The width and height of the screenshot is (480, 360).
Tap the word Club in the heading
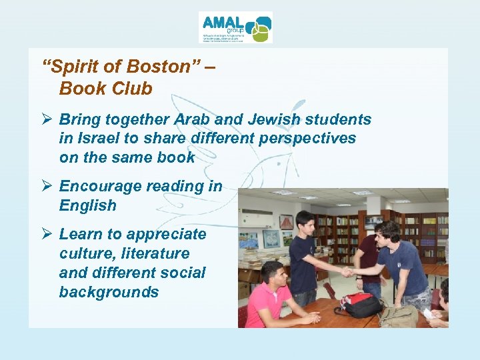click(x=132, y=89)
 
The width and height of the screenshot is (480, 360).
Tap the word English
click(x=87, y=205)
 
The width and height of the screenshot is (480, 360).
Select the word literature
click(x=155, y=254)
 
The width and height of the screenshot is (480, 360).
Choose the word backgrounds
click(x=109, y=292)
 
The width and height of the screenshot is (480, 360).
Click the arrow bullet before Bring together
click(x=47, y=120)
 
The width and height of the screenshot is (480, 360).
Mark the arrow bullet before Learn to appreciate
click(x=47, y=235)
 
